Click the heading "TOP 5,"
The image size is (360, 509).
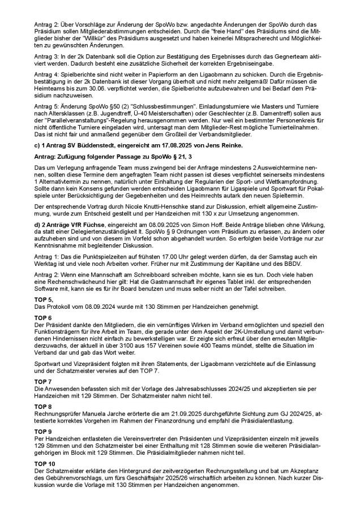[x=45, y=299]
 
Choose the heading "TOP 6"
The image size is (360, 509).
[x=44, y=317]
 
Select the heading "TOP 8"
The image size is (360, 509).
[x=44, y=406]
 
